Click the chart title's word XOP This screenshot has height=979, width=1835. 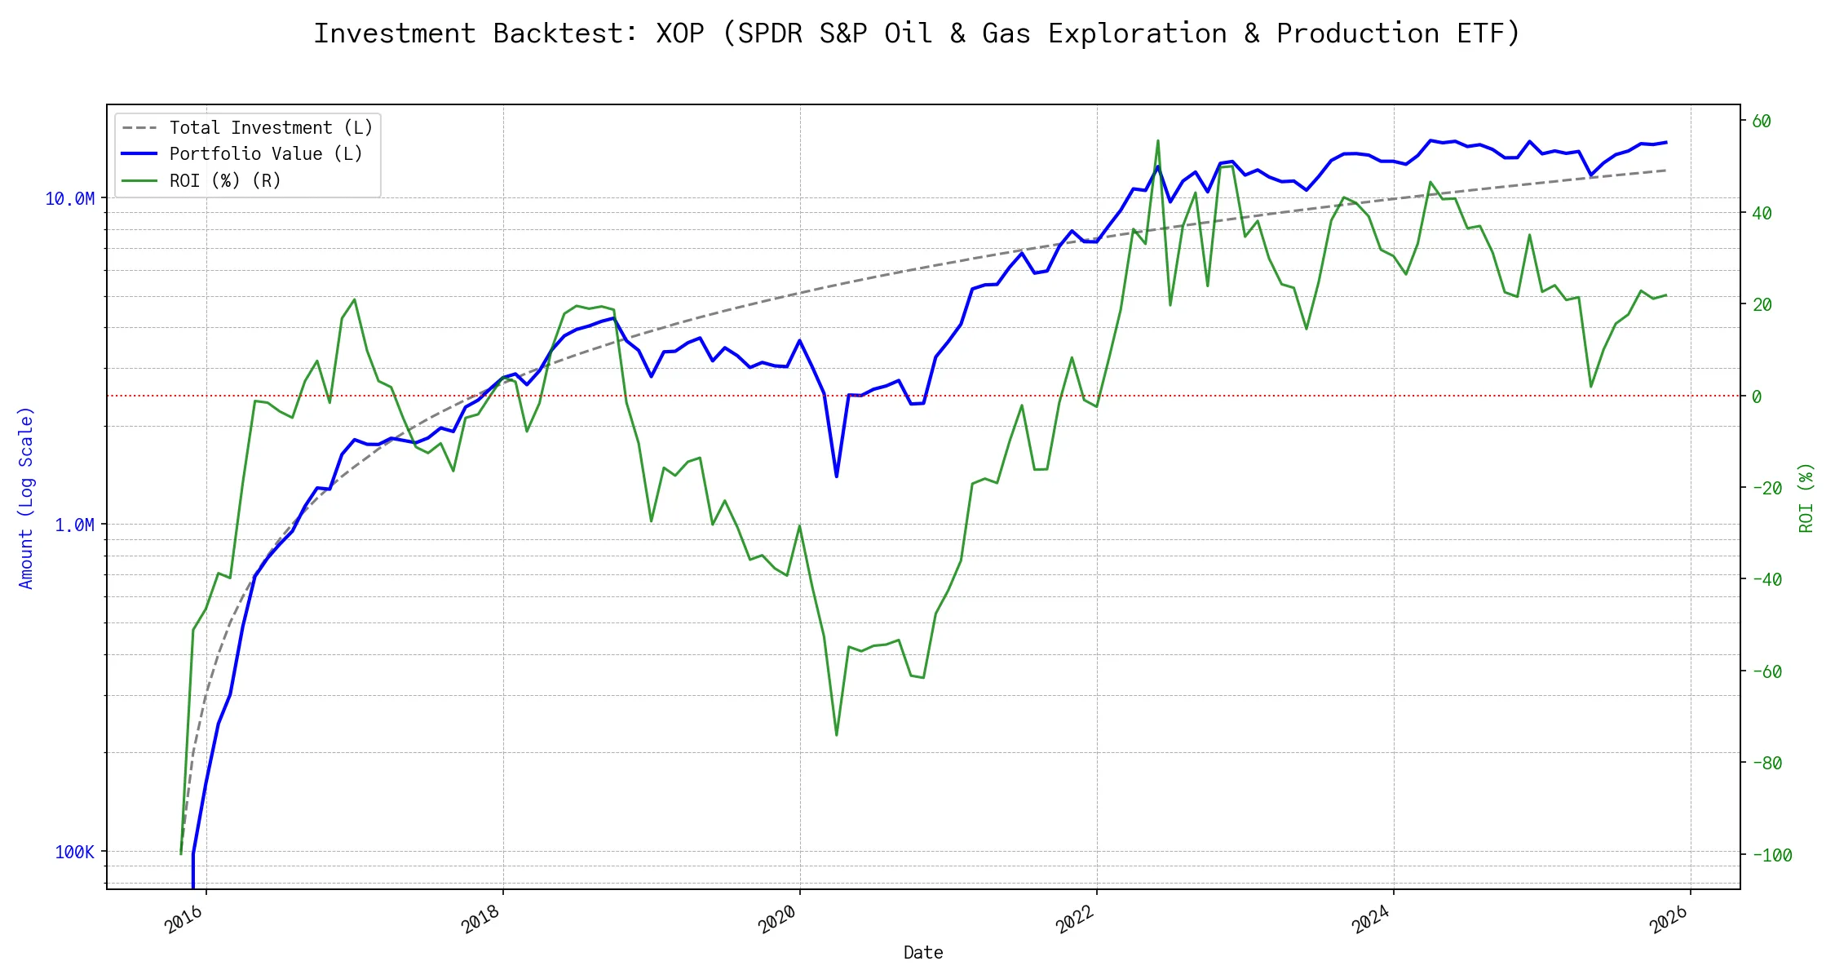[680, 33]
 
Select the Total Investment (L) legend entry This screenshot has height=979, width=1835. [270, 128]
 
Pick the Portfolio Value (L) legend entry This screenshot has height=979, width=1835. [265, 154]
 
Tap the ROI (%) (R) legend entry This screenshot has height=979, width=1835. [224, 181]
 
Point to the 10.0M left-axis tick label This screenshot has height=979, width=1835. [69, 199]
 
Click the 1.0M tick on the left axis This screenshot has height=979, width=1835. [74, 525]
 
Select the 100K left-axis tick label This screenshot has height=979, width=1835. [74, 853]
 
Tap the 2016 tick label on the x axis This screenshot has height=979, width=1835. [184, 919]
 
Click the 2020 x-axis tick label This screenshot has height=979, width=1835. [777, 919]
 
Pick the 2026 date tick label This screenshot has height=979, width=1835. [1669, 919]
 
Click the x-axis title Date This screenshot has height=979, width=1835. [923, 953]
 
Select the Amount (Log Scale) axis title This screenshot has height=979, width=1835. [26, 498]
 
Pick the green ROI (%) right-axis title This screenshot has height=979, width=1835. [1806, 498]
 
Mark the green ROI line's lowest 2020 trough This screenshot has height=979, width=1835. [837, 735]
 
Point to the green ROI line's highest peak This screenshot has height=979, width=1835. [1157, 140]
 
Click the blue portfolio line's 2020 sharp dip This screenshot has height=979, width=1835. [837, 476]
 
